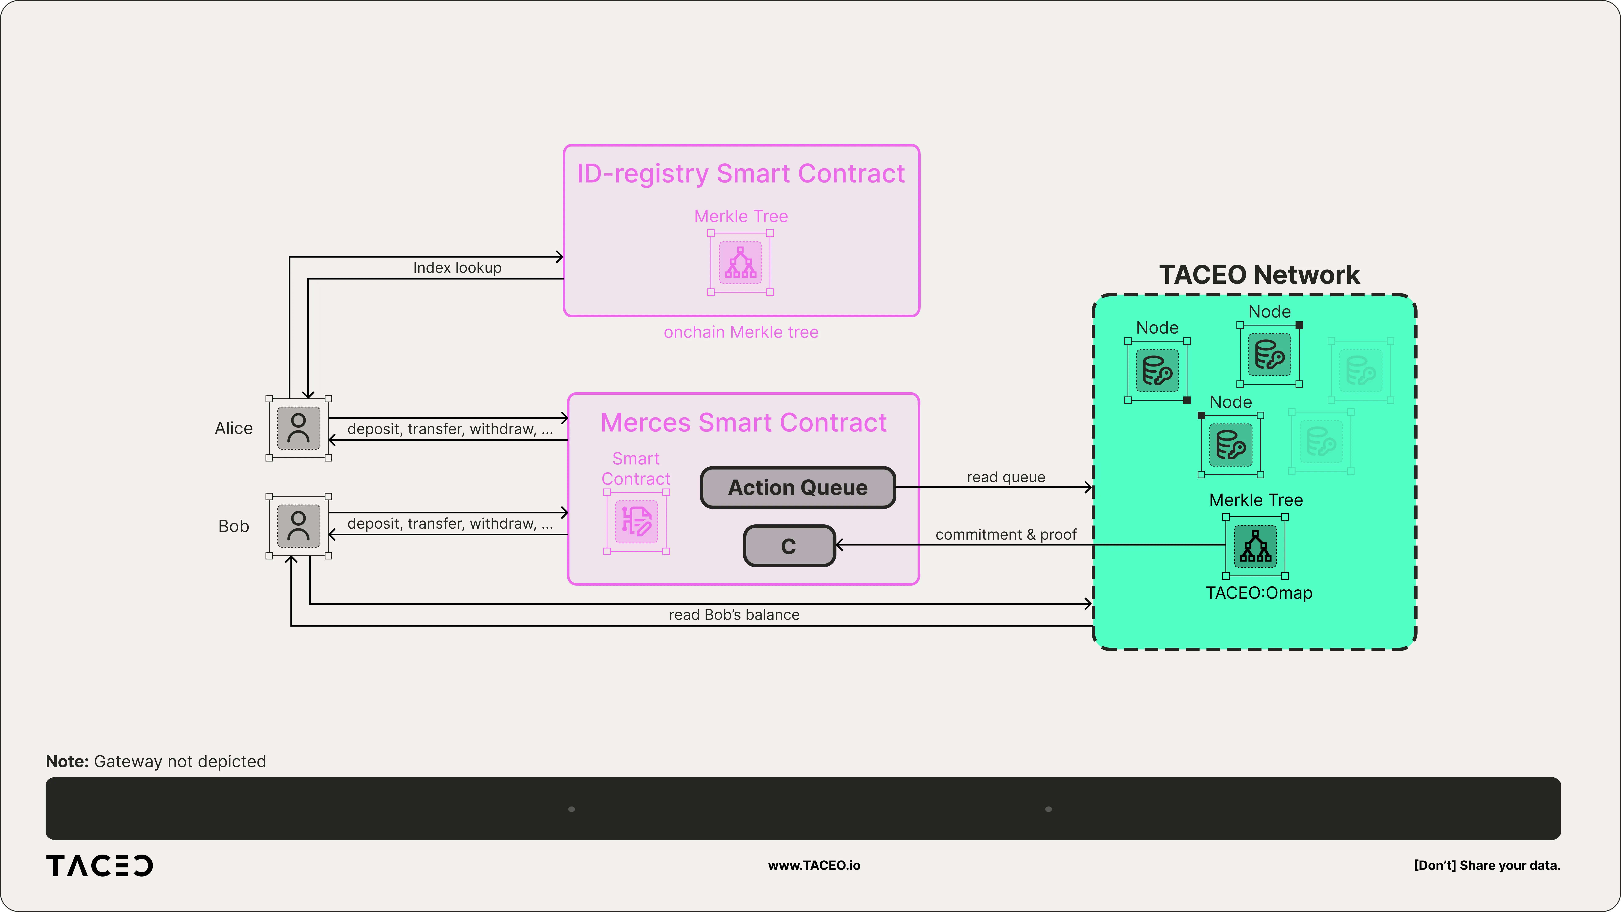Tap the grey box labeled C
pyautogui.click(x=789, y=546)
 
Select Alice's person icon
pyautogui.click(x=299, y=428)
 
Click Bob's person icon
pyautogui.click(x=299, y=525)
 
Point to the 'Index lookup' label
pyautogui.click(x=457, y=267)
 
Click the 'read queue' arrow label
pyautogui.click(x=1006, y=477)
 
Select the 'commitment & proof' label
pyautogui.click(x=1006, y=534)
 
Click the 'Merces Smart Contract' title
pyautogui.click(x=743, y=422)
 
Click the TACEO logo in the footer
pyautogui.click(x=99, y=865)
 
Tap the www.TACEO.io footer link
pyautogui.click(x=814, y=865)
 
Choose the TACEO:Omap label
pyautogui.click(x=1259, y=593)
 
